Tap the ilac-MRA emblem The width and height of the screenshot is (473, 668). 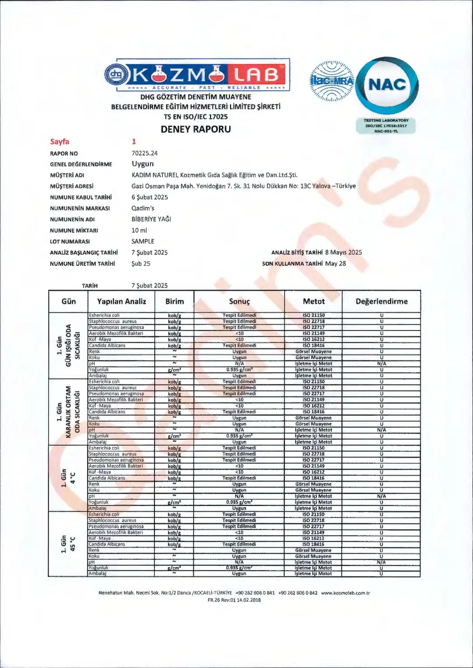click(332, 81)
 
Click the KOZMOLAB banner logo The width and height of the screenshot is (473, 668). click(197, 74)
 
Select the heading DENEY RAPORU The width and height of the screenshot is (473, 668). click(196, 129)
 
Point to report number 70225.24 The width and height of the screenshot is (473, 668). click(145, 153)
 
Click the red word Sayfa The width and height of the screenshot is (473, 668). click(60, 141)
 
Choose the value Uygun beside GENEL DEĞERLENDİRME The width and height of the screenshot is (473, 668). click(143, 164)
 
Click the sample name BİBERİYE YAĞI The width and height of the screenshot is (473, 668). click(151, 219)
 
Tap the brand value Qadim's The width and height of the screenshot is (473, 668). click(143, 208)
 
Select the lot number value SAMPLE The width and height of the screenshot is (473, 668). click(143, 241)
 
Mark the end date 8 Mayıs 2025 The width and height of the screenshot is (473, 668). click(343, 252)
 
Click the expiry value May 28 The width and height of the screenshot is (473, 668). click(335, 264)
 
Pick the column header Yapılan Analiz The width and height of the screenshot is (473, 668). click(121, 301)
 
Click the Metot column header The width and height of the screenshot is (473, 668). click(314, 301)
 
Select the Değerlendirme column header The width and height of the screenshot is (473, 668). click(381, 301)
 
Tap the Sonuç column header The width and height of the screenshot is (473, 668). click(239, 301)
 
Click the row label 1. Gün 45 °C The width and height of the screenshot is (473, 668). click(68, 544)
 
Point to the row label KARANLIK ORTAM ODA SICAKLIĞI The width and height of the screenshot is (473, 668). click(68, 412)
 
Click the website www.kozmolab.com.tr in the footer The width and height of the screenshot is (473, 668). click(345, 593)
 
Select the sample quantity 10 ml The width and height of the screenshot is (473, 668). click(139, 230)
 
